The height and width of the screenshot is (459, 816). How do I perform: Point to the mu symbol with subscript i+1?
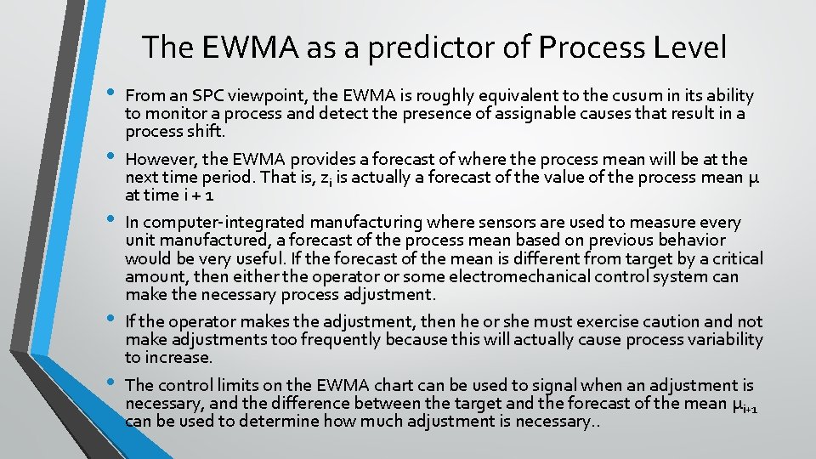(x=743, y=405)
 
